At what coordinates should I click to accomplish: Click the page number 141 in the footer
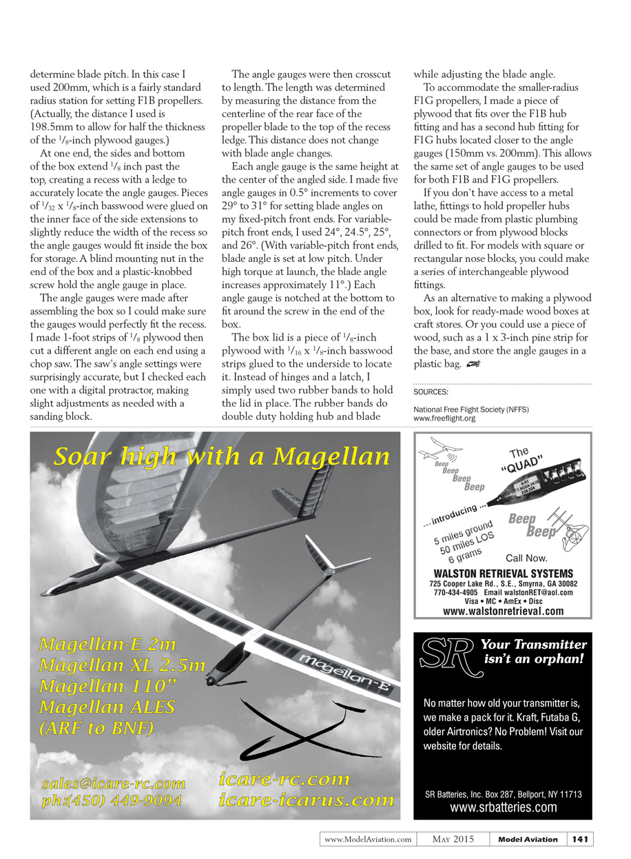point(580,839)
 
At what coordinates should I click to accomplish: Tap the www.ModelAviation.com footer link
point(368,839)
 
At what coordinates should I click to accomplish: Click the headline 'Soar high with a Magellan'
point(222,456)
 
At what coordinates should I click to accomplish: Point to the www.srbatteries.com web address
point(503,807)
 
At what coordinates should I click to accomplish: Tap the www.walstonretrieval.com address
point(503,611)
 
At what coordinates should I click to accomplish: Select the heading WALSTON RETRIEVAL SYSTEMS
point(503,574)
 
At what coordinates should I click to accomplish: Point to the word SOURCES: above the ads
point(431,392)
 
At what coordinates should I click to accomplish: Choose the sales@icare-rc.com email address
point(114,783)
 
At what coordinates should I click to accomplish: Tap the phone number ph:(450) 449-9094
point(112,800)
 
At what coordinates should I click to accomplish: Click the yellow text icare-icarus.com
point(307,800)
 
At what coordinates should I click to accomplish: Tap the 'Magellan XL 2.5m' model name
point(122,666)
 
